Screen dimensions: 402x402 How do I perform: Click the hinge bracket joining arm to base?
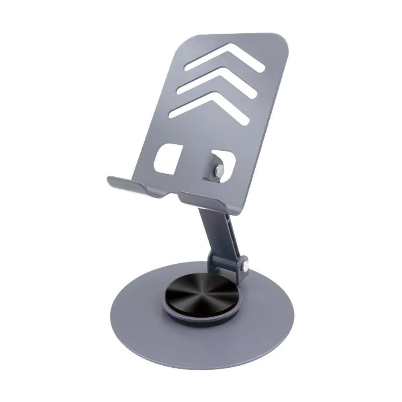pos(225,263)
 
